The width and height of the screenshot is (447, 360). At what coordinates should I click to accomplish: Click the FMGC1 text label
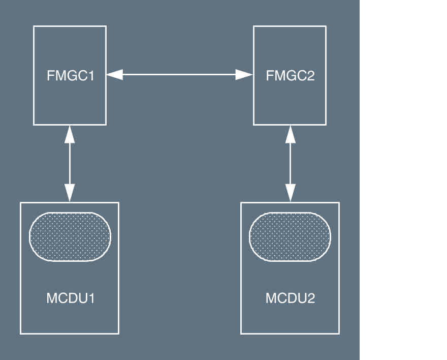[70, 76]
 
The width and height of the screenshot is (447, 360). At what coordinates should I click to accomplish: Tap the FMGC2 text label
[290, 76]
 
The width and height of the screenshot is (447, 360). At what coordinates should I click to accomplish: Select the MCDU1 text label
[70, 298]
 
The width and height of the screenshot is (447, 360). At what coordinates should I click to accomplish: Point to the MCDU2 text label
[290, 298]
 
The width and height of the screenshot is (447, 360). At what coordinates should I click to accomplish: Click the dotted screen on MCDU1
[70, 236]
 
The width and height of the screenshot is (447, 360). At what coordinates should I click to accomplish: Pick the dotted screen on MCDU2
[290, 236]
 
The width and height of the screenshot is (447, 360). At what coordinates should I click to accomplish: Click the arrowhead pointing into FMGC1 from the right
[114, 75]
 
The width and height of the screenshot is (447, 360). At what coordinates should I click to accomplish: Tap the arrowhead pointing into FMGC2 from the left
[245, 75]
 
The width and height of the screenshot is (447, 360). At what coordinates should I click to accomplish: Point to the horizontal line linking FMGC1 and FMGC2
[180, 75]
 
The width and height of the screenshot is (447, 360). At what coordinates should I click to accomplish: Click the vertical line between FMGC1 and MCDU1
[70, 163]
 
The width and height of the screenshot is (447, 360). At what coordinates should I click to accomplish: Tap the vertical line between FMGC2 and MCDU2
[290, 163]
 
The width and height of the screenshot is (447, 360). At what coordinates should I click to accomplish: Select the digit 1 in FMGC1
[90, 76]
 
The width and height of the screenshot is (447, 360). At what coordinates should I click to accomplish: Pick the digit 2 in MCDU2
[310, 298]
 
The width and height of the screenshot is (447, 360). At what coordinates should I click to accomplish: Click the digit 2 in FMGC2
[310, 76]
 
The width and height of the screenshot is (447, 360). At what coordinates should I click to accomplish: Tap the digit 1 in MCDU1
[91, 298]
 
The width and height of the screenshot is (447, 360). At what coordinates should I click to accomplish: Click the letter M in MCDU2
[271, 298]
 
